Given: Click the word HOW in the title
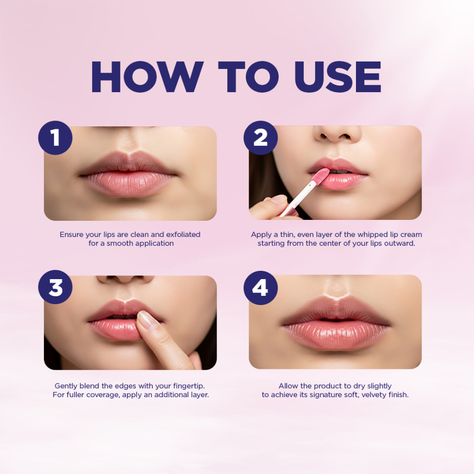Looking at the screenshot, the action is (x=147, y=77).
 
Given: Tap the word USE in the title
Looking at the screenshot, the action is (x=337, y=77).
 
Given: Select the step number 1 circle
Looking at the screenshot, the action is (x=56, y=138).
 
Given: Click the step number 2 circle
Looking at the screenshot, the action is (x=261, y=138).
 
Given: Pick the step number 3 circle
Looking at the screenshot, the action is (x=56, y=287).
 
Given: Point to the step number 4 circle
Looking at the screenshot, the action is (x=261, y=288).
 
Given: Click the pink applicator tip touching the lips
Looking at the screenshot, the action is (x=320, y=176).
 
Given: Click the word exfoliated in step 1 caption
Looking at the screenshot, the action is (x=183, y=235).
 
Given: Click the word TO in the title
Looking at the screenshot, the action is (x=249, y=77).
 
